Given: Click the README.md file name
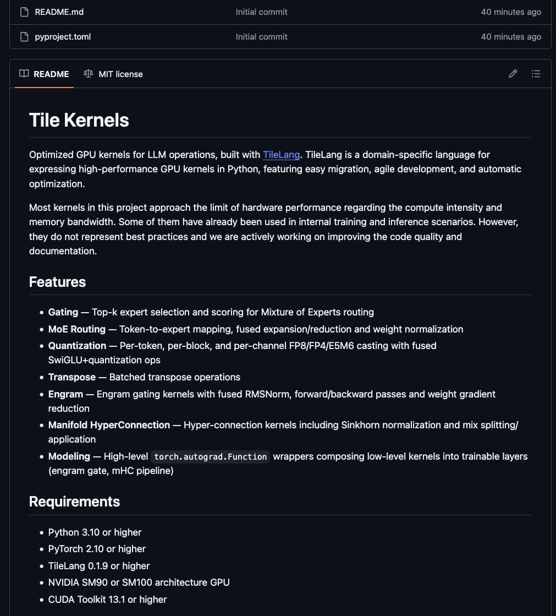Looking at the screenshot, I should point(59,12).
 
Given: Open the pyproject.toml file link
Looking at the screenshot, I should point(63,37).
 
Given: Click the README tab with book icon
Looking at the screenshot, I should point(45,74).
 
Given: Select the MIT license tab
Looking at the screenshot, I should point(113,74).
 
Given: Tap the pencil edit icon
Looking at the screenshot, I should point(513,74).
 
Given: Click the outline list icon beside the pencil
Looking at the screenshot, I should point(536,74).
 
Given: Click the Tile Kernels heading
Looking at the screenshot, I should point(79,120).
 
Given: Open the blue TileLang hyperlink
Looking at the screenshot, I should point(281,155).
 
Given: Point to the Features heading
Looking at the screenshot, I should point(57,282).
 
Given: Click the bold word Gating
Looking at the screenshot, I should point(63,312).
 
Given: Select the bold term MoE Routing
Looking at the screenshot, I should point(76,329).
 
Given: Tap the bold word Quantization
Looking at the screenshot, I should point(77,346).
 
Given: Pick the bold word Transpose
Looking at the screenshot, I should point(71,377).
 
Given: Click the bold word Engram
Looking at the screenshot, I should point(65,394).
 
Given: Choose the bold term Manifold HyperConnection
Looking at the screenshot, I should point(109,425).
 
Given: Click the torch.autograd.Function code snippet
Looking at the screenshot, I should point(210,457).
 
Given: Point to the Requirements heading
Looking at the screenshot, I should point(74,501).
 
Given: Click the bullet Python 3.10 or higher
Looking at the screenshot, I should point(95,532).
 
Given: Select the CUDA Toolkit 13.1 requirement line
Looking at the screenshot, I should point(107,599).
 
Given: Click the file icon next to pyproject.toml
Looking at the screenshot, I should point(24,37).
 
